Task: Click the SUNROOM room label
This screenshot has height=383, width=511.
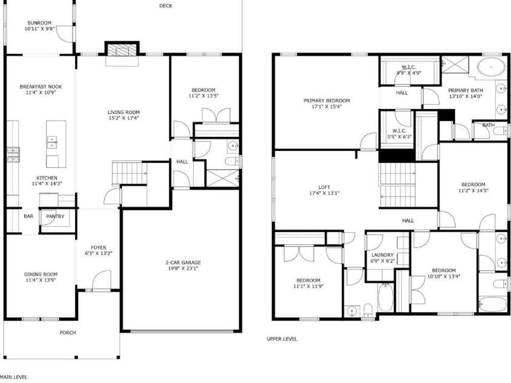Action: (x=40, y=23)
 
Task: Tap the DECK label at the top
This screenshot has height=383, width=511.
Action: (x=165, y=6)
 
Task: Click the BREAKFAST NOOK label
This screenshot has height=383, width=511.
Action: (x=41, y=87)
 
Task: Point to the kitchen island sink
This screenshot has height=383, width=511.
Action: (x=53, y=142)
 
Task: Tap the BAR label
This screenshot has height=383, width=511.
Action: (x=28, y=216)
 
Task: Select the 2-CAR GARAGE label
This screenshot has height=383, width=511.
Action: (x=183, y=262)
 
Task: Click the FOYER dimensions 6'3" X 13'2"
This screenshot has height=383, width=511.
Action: (x=98, y=254)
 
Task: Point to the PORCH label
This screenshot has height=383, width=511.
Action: (x=67, y=333)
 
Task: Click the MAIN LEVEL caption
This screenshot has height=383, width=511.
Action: (x=13, y=376)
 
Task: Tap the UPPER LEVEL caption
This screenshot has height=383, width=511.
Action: (x=282, y=339)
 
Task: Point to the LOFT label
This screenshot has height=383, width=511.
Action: (x=324, y=187)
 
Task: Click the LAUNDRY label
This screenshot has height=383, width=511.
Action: (x=382, y=255)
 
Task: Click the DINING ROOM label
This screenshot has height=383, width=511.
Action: (x=41, y=273)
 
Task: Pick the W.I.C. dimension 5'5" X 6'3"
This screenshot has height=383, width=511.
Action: (x=398, y=136)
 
